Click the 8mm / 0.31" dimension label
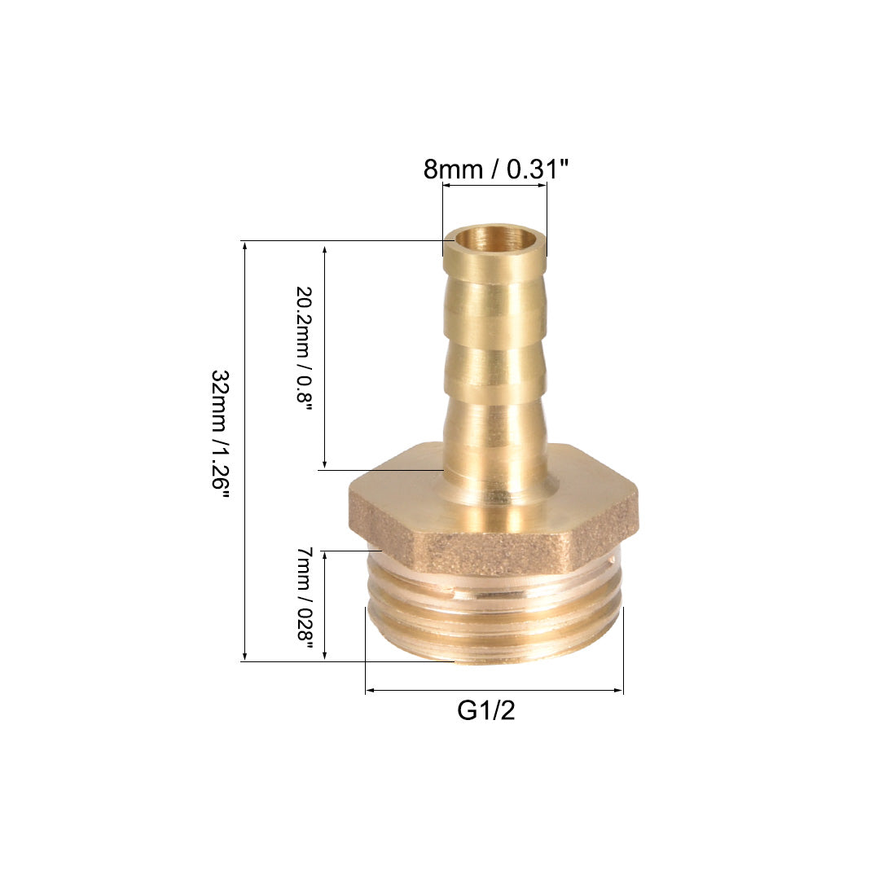[496, 169]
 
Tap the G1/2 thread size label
[485, 710]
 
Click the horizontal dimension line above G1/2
[494, 690]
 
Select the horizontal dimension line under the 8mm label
[495, 186]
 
